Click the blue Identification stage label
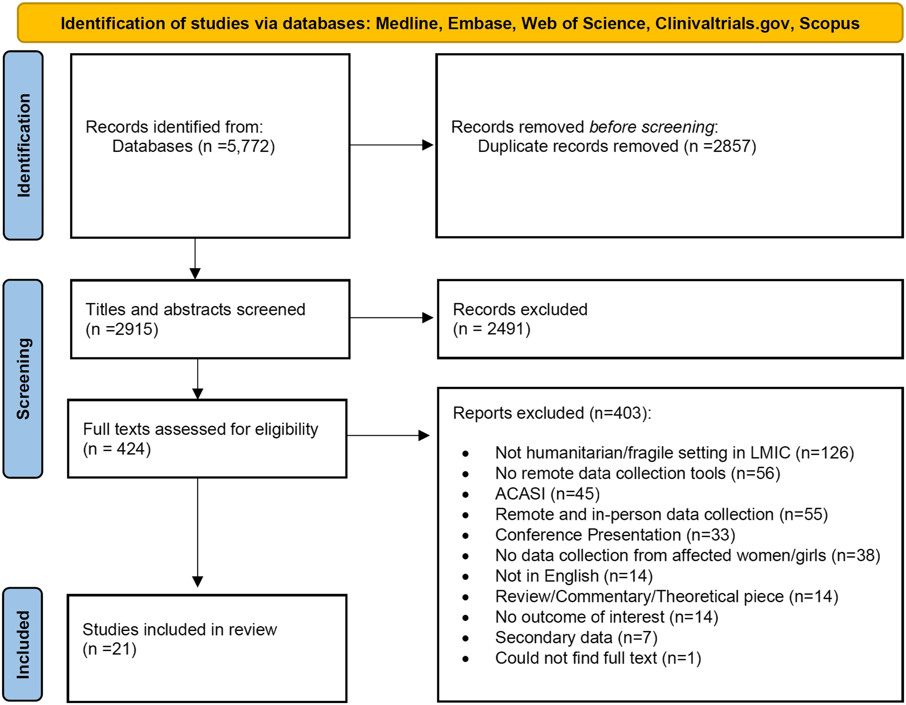coord(23,145)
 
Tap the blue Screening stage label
coord(23,379)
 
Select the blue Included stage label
coord(23,644)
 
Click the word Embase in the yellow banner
coord(481,24)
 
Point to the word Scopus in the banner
coord(829,24)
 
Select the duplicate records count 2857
coord(732,146)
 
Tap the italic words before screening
coord(651,127)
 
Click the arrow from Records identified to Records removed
coord(392,145)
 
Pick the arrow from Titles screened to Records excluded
coord(392,318)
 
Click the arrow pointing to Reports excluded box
coord(388,435)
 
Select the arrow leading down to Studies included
coord(198,532)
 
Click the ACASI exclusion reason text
coord(548,494)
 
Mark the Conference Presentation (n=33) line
coord(615,535)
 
